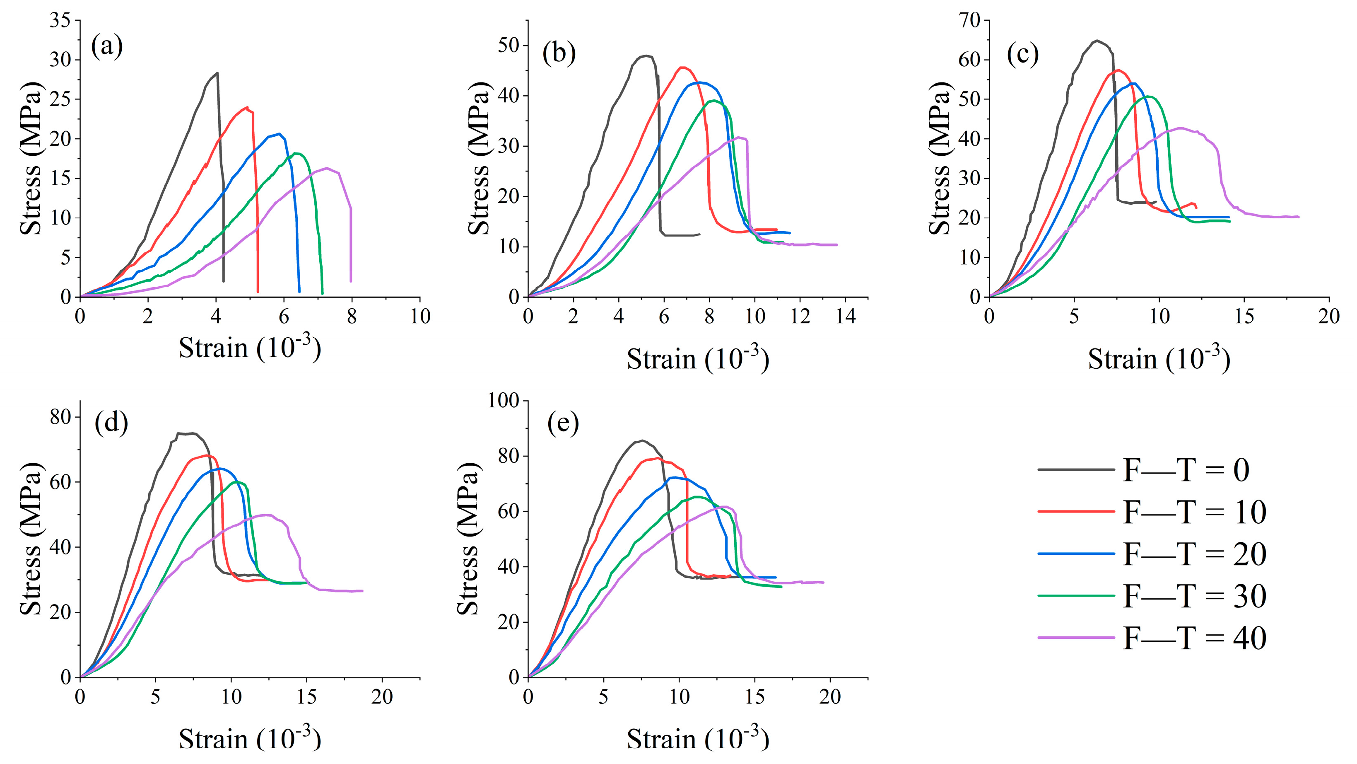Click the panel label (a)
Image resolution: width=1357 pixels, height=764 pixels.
tap(107, 46)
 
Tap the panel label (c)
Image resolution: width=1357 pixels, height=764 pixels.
tap(1022, 54)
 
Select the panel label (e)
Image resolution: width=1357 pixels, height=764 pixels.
tap(563, 423)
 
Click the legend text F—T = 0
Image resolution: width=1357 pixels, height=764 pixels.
tap(1185, 470)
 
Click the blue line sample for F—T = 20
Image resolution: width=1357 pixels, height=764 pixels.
tap(1076, 554)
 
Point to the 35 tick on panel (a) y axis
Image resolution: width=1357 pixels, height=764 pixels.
tap(60, 21)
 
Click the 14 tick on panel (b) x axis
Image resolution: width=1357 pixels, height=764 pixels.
tap(846, 316)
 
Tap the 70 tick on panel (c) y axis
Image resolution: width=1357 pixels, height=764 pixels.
tap(969, 21)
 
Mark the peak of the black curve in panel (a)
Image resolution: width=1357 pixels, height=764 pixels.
tap(217, 73)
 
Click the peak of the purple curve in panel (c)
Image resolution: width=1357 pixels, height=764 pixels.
tap(1179, 128)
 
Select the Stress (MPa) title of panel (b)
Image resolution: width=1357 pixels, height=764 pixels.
tap(478, 158)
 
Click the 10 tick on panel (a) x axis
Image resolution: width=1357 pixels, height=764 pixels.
tap(420, 316)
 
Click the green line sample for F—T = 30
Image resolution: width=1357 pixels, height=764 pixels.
tap(1076, 596)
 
